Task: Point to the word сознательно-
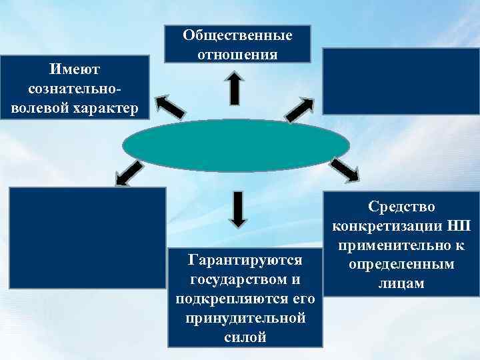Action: pyautogui.click(x=73, y=87)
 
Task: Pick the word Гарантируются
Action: pyautogui.click(x=245, y=259)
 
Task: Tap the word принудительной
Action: pyautogui.click(x=245, y=317)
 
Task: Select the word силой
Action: pyautogui.click(x=245, y=337)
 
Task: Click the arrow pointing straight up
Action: pyautogui.click(x=234, y=88)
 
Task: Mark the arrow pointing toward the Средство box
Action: pyautogui.click(x=344, y=170)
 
